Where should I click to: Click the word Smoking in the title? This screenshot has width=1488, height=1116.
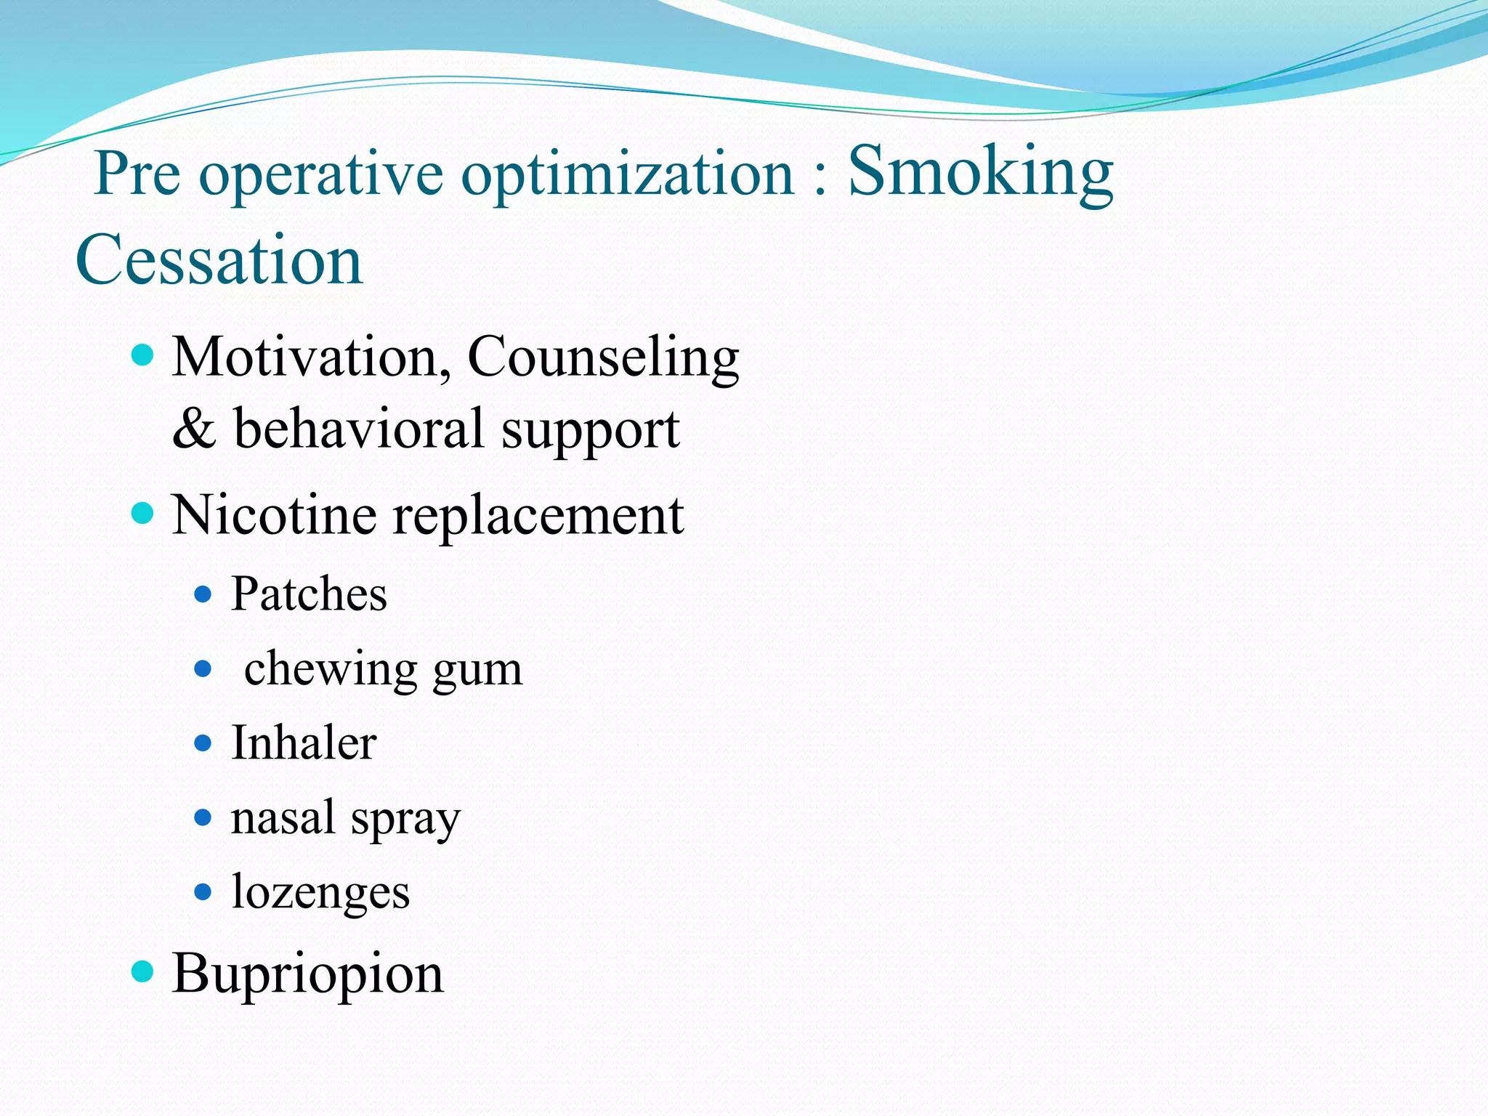point(980,172)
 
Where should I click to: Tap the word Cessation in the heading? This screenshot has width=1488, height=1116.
point(219,259)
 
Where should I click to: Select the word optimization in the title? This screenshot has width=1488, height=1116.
point(628,174)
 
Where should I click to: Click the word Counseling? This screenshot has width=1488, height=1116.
point(603,358)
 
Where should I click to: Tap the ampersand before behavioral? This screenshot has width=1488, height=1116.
point(193,429)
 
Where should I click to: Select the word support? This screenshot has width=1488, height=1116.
point(590,431)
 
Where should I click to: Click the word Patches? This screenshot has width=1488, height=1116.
point(309,594)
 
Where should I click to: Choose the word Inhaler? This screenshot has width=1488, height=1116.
point(304,743)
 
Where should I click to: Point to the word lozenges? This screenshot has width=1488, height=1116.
point(320,893)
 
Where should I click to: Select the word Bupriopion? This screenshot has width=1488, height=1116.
point(307,974)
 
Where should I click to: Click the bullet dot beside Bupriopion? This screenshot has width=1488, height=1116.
point(143,971)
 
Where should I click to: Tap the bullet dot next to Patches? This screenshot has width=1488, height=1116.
point(203,595)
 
